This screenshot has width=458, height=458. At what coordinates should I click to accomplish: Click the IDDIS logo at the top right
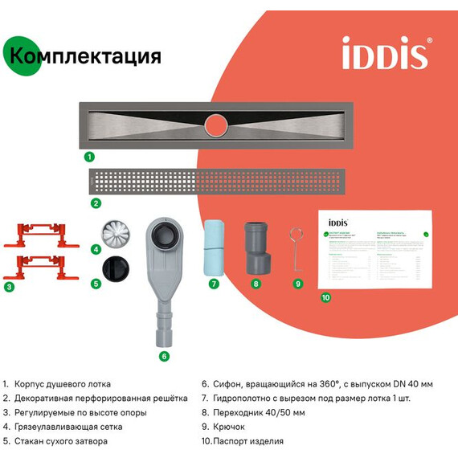[386, 53]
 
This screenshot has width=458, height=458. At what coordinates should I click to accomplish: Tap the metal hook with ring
[295, 244]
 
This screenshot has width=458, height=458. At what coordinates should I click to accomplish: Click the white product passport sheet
[376, 248]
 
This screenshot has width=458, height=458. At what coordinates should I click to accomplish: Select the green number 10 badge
[325, 296]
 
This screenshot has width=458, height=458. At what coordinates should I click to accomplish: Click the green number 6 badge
[164, 355]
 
